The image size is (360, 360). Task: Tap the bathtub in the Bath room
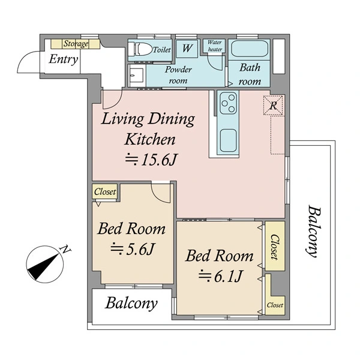coord(250,49)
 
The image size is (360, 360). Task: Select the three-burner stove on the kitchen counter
coord(228,103)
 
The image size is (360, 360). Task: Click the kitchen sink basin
coord(228,140)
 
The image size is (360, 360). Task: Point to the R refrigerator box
coord(273,106)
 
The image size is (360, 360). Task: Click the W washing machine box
coord(187,49)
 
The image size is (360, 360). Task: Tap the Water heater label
coord(215,46)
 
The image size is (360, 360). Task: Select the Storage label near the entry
coord(76,44)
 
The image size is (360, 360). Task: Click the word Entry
coord(64,59)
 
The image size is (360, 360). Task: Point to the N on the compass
coord(65,249)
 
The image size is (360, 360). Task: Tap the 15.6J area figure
coord(152,160)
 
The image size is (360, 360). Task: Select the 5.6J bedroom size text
coord(132,249)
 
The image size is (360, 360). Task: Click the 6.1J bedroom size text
coord(220,276)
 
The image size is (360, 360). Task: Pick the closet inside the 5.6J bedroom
coord(105,191)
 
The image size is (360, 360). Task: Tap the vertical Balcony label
coord(314,232)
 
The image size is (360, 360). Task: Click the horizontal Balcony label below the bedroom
coord(131,304)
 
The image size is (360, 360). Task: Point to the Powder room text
coord(178,75)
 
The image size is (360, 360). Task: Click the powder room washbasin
coord(137,76)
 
